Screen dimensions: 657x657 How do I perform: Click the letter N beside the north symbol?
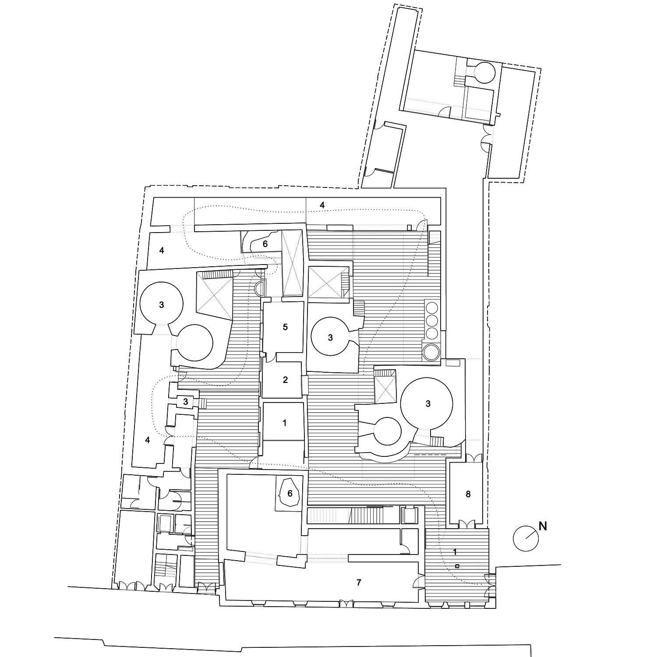point(543,526)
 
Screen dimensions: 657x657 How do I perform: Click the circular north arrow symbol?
point(525,538)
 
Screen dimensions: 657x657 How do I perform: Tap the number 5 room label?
point(285,327)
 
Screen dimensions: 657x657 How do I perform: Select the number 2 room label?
point(285,380)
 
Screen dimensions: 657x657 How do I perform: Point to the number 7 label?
point(359,582)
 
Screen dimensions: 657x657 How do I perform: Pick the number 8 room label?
point(468,494)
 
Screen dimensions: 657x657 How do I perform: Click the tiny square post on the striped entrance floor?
point(457,566)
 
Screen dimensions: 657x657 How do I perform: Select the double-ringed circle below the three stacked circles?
point(431,352)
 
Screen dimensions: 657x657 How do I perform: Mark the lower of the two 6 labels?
point(290,493)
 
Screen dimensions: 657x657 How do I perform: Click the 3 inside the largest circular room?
point(428,404)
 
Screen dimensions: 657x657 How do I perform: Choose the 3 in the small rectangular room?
point(186,401)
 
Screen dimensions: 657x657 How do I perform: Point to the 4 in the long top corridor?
point(322,205)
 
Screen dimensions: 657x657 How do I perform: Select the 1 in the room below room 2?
point(285,423)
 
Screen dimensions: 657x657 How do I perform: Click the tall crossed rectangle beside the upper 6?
point(292,263)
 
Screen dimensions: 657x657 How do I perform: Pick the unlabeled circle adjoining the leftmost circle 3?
point(194,343)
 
